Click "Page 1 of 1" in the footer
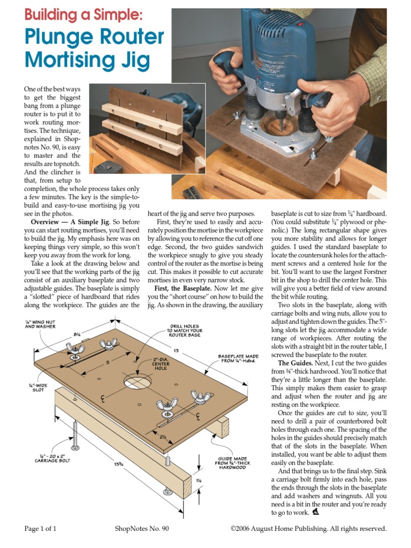pos(40,529)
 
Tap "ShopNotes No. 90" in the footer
pos(142,529)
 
